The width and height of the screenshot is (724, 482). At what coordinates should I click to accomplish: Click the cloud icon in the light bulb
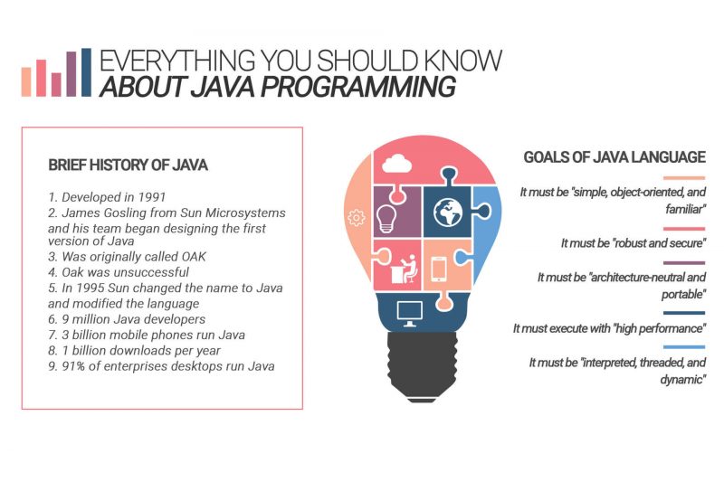pyautogui.click(x=397, y=164)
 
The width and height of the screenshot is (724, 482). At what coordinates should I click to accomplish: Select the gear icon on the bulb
pyautogui.click(x=357, y=217)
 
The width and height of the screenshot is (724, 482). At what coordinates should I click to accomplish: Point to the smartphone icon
pyautogui.click(x=438, y=269)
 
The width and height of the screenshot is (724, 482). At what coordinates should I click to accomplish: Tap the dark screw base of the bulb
pyautogui.click(x=424, y=366)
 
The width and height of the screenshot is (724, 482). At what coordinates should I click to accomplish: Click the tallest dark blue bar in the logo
pyautogui.click(x=85, y=72)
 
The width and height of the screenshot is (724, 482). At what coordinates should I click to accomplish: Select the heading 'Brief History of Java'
pyautogui.click(x=128, y=165)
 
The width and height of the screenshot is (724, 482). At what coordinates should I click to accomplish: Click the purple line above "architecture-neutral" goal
pyautogui.click(x=684, y=261)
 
